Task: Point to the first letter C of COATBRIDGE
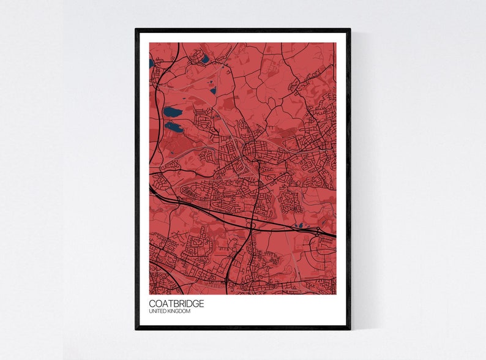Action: (152, 303)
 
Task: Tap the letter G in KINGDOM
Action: (180, 312)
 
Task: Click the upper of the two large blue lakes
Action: (172, 112)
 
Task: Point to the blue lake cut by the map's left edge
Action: (151, 62)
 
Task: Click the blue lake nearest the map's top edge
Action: (204, 59)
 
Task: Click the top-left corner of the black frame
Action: (136, 29)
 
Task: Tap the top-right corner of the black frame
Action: (350, 29)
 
